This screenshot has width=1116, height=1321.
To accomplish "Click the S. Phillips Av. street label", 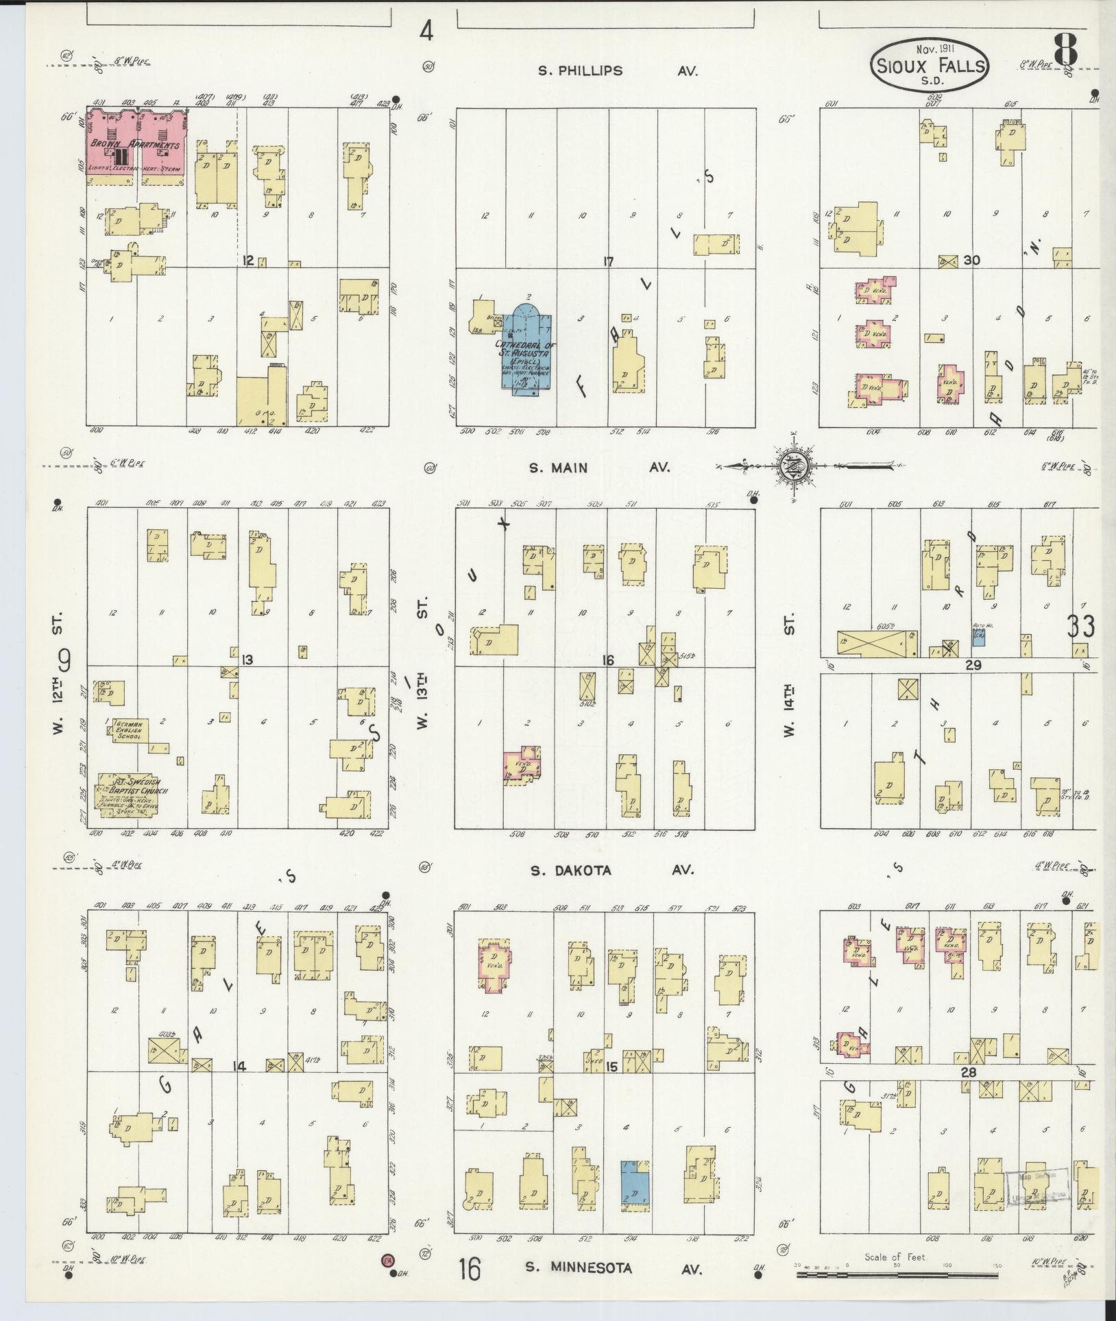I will [x=618, y=71].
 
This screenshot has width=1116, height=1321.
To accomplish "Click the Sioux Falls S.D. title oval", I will [x=930, y=66].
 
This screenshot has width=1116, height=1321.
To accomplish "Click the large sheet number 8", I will [x=1065, y=51].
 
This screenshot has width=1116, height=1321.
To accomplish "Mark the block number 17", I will [x=607, y=261].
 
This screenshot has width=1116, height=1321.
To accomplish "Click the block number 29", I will [x=973, y=665].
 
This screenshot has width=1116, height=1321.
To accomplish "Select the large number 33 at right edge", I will [x=1080, y=626].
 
